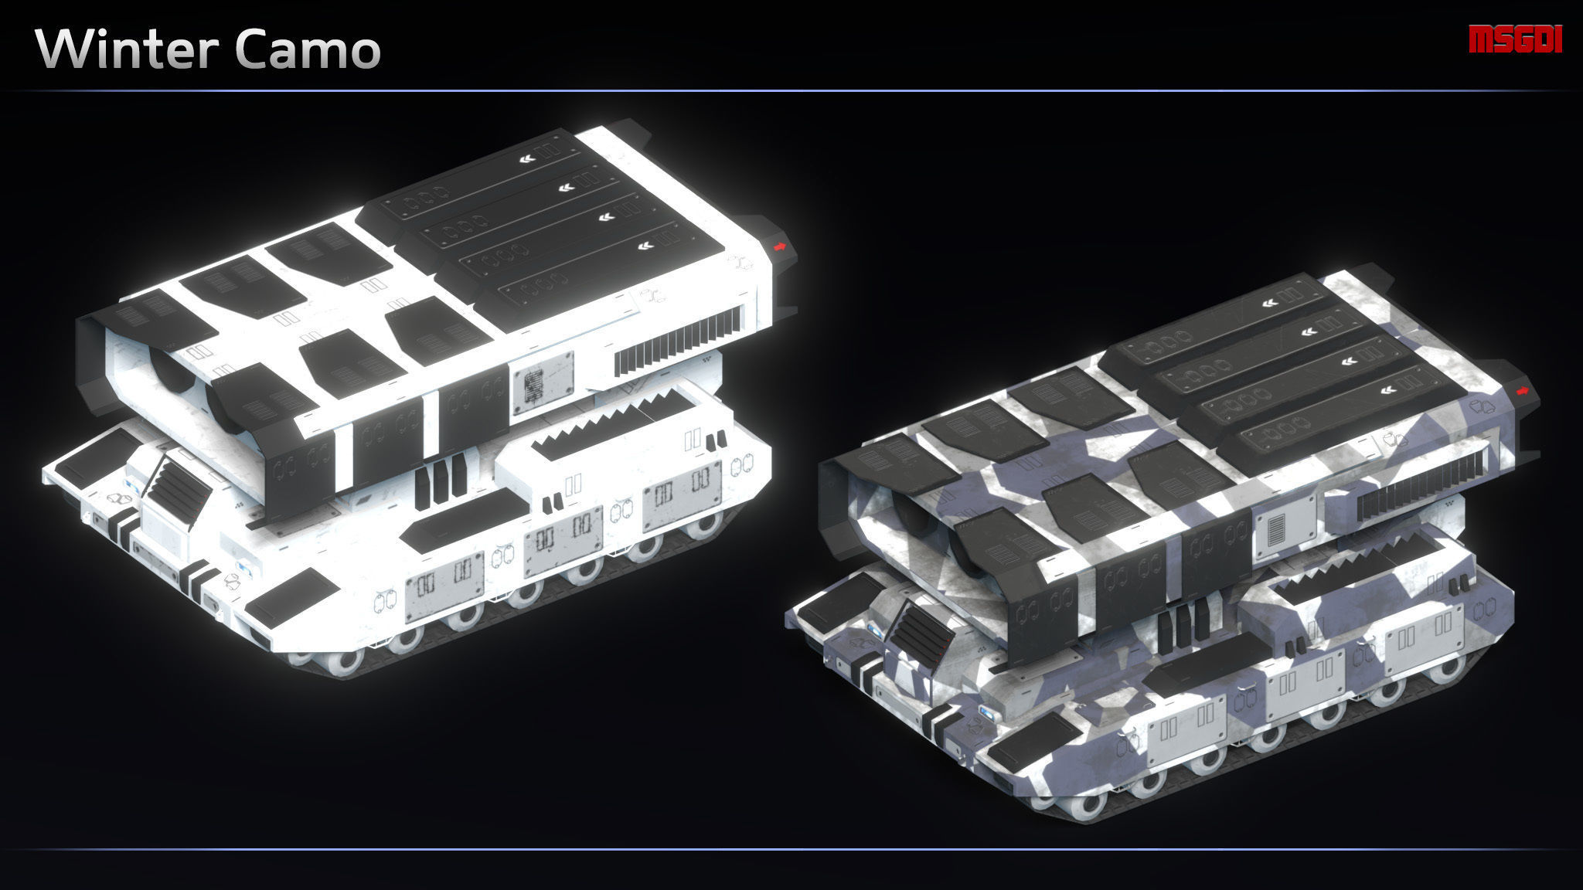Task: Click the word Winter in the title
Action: pos(124,51)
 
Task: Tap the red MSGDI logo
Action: pos(1515,39)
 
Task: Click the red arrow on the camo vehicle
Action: pos(1523,392)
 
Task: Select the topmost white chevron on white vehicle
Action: pos(526,161)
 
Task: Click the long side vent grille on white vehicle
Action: pos(680,338)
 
